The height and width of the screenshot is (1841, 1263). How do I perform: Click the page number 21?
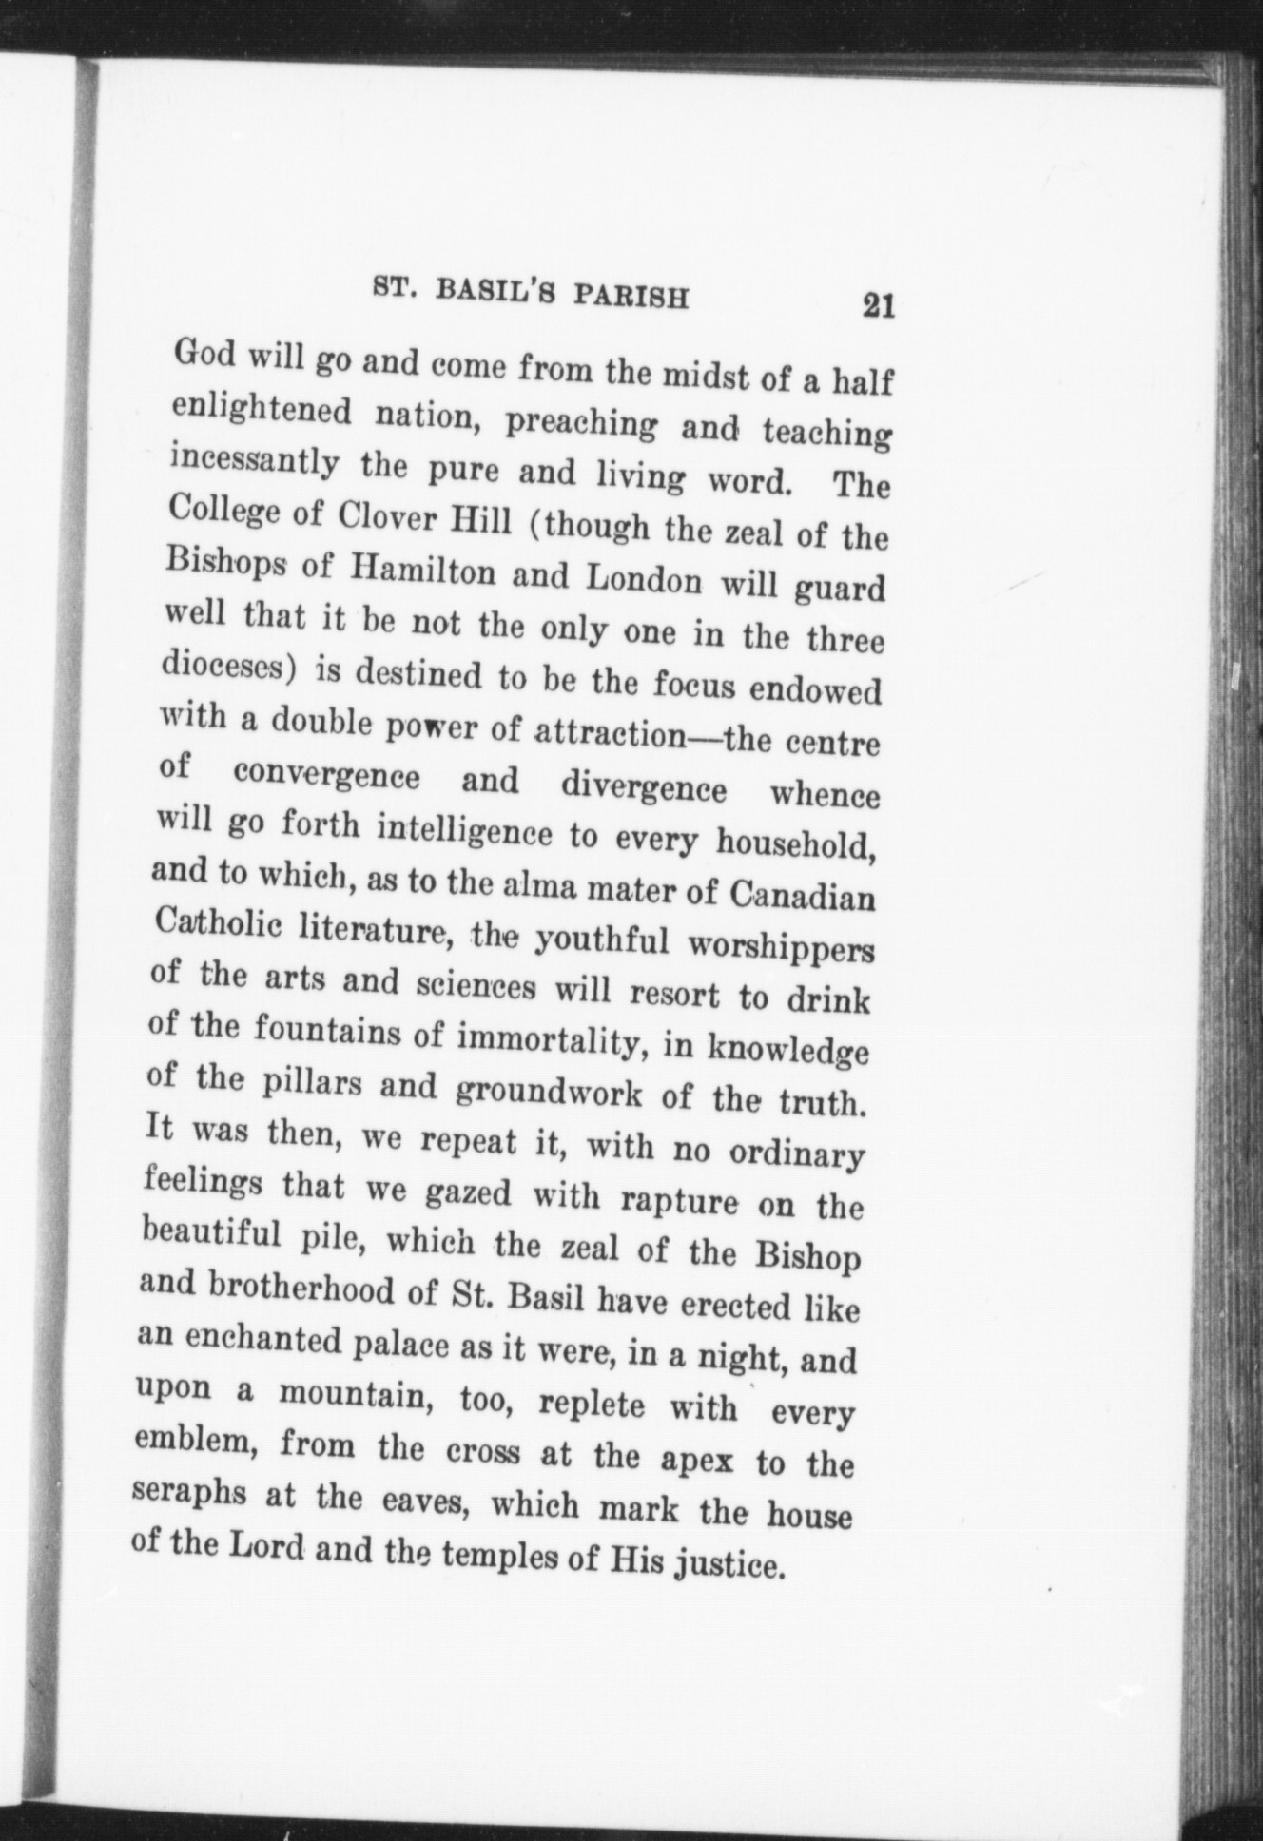(x=878, y=307)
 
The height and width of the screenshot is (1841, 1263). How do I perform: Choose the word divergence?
(x=643, y=787)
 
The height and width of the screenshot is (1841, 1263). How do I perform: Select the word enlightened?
(x=262, y=411)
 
